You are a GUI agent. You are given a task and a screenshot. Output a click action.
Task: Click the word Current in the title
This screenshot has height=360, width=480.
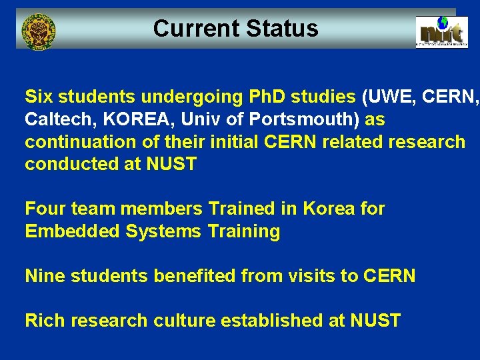[x=196, y=29]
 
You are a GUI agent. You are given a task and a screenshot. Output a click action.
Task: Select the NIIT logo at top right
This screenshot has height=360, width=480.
[x=441, y=31]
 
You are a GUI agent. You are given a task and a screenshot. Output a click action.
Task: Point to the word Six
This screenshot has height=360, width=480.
[x=39, y=97]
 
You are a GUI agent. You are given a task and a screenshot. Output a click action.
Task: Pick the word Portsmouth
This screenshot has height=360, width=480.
[x=297, y=119]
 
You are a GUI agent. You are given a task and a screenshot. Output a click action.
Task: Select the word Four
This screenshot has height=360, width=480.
[x=44, y=209]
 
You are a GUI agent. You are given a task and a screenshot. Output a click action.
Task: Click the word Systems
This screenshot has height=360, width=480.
[x=160, y=231]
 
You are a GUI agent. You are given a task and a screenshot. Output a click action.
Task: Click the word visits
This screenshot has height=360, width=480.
[x=297, y=276]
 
